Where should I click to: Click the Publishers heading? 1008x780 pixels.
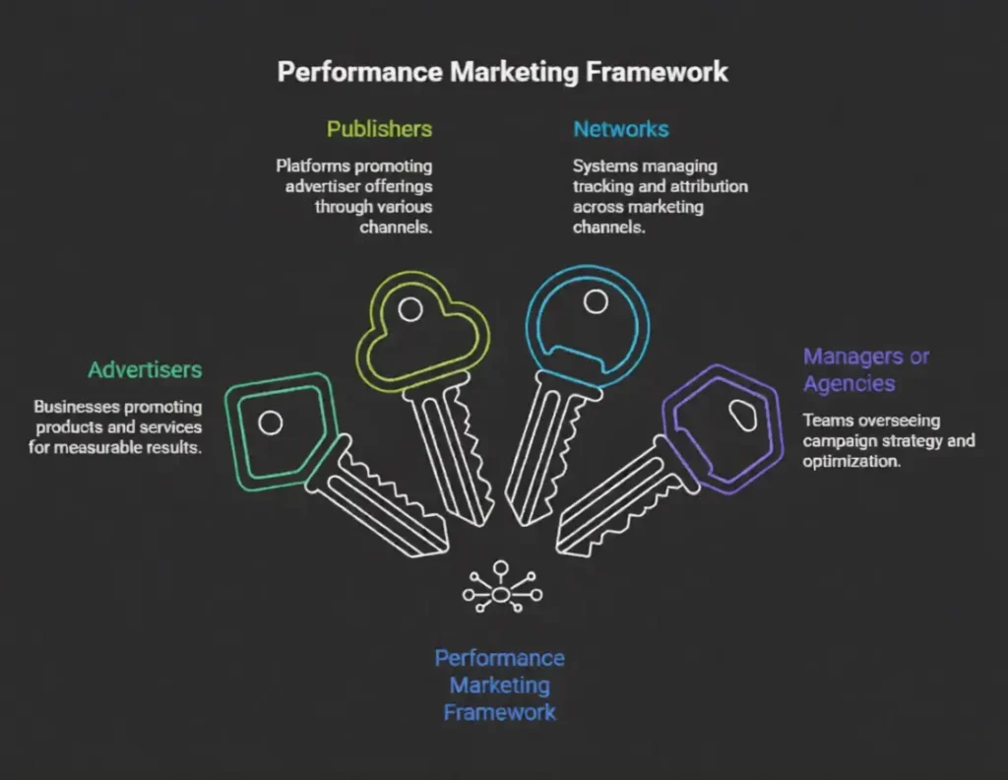[x=379, y=129]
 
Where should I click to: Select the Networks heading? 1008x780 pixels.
[x=620, y=129]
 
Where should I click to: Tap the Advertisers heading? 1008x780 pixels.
[x=145, y=370]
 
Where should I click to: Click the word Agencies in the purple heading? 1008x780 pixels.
[x=848, y=383]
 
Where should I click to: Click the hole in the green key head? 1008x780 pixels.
[x=270, y=423]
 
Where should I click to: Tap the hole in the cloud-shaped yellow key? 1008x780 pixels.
[x=410, y=309]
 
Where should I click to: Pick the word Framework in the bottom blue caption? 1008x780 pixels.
[x=499, y=711]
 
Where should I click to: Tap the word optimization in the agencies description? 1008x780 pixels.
[x=851, y=460]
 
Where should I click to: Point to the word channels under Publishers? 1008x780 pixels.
[x=398, y=227]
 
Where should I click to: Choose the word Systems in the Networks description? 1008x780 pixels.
[x=602, y=165]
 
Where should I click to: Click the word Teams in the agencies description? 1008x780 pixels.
[x=825, y=420]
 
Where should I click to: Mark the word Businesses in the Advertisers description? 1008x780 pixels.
[x=74, y=406]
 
